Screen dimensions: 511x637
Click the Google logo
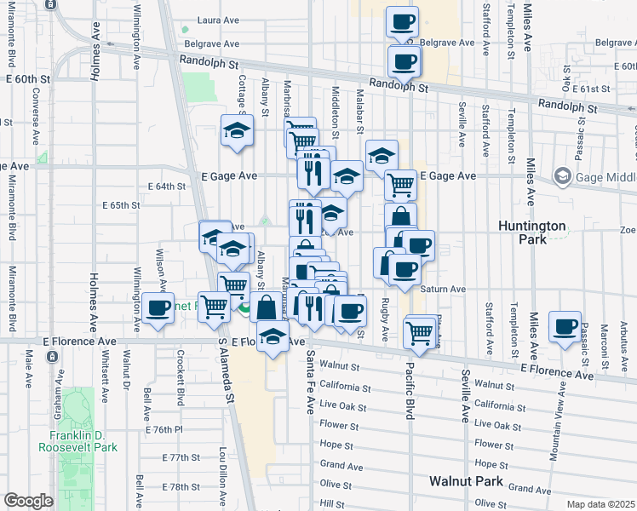28,501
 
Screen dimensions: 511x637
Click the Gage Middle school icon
562,176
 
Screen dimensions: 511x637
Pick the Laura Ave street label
216,20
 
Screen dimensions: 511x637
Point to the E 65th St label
120,205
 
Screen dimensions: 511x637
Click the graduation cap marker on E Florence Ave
273,339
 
